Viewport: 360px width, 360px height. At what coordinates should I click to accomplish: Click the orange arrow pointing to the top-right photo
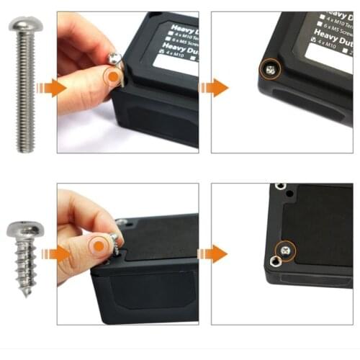(x=214, y=88)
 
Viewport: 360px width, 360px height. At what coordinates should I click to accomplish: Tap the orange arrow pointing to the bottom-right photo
(x=214, y=253)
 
